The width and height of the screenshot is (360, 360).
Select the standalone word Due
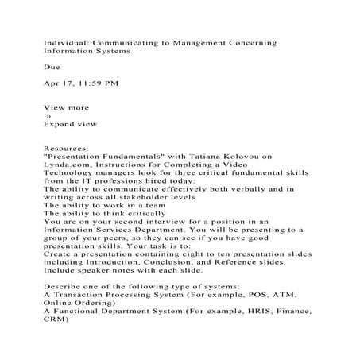(52, 68)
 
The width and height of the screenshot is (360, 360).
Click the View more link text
(66, 107)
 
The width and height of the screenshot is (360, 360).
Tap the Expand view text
(71, 124)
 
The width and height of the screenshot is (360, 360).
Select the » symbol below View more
(48, 116)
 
